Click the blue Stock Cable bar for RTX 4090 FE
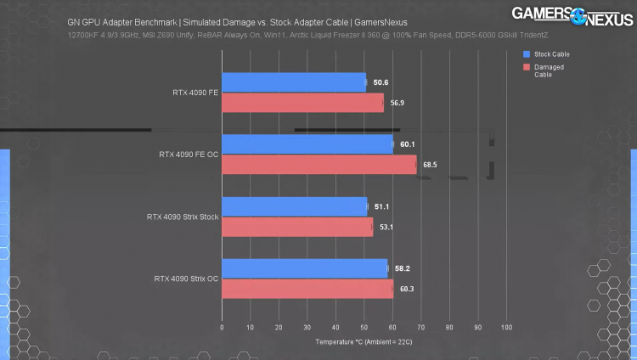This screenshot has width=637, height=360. point(293,82)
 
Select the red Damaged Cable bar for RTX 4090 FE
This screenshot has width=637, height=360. point(302,103)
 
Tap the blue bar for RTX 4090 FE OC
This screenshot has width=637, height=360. point(307,144)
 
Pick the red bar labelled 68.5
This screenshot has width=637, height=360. point(318,164)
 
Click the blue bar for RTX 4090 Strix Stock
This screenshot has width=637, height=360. point(294,206)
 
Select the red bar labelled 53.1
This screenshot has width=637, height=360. point(296,227)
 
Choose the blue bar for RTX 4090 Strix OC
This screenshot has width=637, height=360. point(304,268)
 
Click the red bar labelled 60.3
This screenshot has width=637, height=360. point(307,289)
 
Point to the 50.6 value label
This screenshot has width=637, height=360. point(381,82)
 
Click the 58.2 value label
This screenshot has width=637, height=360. point(403,268)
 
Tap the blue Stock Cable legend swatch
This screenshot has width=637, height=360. point(527,53)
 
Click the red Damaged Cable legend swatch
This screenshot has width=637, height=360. point(527,65)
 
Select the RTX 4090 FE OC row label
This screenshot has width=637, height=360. point(189,155)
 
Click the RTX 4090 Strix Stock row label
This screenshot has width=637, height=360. point(183,217)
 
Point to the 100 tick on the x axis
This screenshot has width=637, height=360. point(507,327)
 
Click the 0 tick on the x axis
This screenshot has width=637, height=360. point(222,327)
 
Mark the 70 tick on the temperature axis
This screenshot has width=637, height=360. point(421,327)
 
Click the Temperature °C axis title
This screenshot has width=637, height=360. point(364,341)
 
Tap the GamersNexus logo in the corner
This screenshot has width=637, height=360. point(572,16)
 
